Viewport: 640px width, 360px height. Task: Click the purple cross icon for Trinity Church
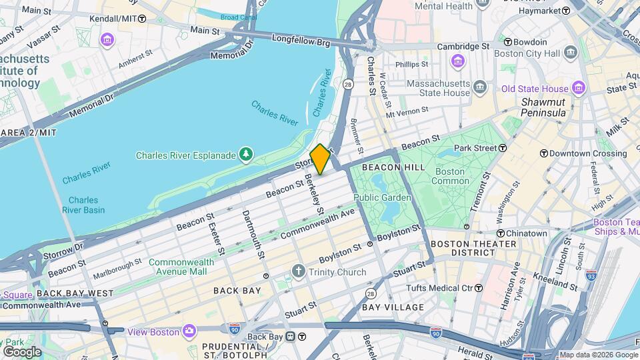[298, 272]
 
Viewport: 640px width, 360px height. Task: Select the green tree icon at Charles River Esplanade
[247, 155]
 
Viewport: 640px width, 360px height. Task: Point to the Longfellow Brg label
[301, 42]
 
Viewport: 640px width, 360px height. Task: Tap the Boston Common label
[449, 176]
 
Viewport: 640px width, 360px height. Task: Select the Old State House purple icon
[578, 89]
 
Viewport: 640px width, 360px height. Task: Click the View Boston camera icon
[189, 331]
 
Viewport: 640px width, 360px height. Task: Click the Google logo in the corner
[21, 351]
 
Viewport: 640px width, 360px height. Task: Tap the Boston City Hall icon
[570, 53]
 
